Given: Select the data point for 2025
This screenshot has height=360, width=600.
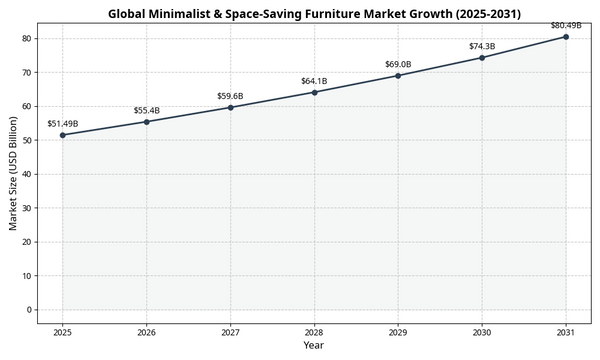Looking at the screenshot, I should click(62, 135).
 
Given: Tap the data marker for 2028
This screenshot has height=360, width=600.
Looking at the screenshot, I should click(314, 92).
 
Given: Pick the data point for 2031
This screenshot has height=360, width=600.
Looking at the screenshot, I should click(566, 37).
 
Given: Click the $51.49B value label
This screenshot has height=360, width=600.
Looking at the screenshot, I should click(62, 124).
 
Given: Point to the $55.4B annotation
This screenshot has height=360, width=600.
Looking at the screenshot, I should click(146, 110).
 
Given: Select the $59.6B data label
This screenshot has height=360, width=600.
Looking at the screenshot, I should click(230, 96).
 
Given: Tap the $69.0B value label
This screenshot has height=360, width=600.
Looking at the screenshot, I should click(398, 64).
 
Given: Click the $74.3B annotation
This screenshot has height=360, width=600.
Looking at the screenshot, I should click(482, 46).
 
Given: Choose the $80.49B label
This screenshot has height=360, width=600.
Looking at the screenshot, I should click(566, 25).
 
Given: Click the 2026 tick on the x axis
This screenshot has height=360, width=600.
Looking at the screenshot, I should click(146, 331).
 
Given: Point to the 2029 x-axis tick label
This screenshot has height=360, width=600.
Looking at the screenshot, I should click(398, 331).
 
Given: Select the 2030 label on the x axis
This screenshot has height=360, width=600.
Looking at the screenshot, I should click(482, 331).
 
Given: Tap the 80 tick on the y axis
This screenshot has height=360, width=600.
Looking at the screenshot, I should click(27, 38).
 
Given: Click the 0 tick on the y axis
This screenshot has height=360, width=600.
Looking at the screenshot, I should click(30, 309).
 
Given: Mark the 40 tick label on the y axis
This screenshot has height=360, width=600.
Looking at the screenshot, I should click(27, 174).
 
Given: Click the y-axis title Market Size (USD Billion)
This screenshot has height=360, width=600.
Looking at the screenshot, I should click(13, 173).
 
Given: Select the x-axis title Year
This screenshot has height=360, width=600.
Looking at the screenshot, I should click(314, 345).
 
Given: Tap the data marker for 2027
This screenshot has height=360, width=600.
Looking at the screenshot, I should click(230, 107).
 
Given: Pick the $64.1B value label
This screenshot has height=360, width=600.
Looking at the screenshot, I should click(314, 80).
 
